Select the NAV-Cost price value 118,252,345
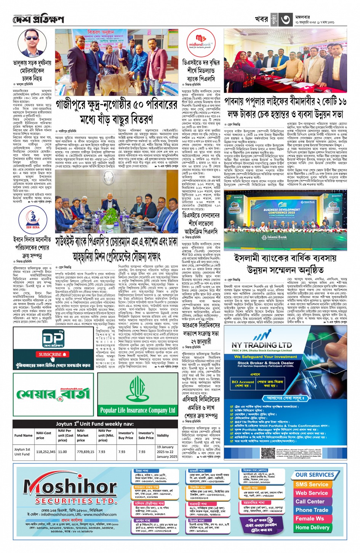point(46,452)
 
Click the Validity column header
point(163,435)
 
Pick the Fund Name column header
point(23,435)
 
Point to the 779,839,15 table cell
point(86,452)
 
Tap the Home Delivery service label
point(312,527)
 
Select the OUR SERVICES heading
point(315,475)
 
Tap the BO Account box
point(243,382)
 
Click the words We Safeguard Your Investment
point(266,357)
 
